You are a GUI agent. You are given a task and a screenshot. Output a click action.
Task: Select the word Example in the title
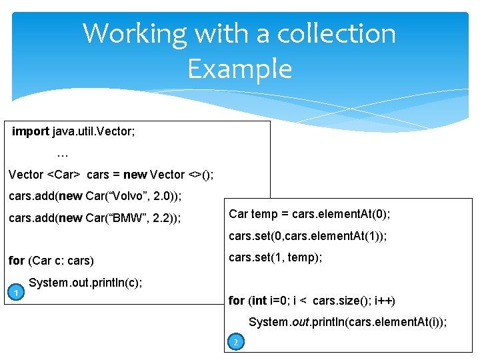coord(240,69)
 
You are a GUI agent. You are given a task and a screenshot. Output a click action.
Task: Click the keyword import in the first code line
coord(30,132)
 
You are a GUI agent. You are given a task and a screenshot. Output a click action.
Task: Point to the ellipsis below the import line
coord(63,154)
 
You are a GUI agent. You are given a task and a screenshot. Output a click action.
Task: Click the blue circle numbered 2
coord(234,343)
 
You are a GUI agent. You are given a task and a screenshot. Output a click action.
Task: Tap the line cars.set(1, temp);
coord(275,257)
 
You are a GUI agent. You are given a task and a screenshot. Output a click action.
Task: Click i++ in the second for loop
coord(384,301)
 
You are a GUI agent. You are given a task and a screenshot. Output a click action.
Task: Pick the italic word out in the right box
coord(303,322)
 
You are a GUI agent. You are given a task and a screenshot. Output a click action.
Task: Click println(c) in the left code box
coord(121,283)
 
